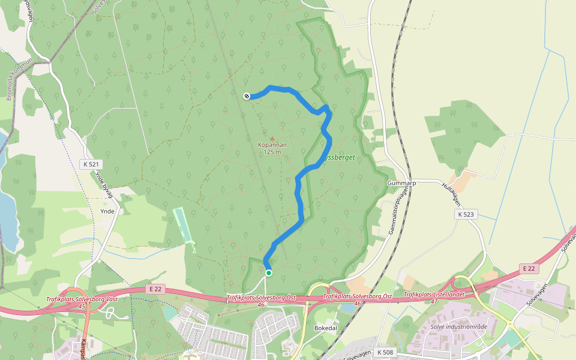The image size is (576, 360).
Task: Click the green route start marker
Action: pyautogui.click(x=269, y=273)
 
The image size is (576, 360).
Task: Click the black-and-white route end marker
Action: pyautogui.click(x=247, y=96)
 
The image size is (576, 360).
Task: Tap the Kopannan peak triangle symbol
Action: pyautogui.click(x=272, y=139)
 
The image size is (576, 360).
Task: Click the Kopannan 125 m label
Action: pyautogui.click(x=272, y=148)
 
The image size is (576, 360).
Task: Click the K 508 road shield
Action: pyautogui.click(x=386, y=352)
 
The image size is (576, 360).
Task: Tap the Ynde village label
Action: pyautogui.click(x=107, y=211)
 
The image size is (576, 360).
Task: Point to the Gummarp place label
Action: pyautogui.click(x=401, y=183)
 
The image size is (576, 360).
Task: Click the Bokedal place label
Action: pyautogui.click(x=326, y=328)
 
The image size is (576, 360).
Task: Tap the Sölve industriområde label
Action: pyautogui.click(x=459, y=326)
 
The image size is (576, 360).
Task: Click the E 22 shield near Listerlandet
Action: pyautogui.click(x=529, y=268)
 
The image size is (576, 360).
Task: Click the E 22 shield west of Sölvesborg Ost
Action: pyautogui.click(x=154, y=289)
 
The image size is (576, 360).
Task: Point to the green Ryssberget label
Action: pyautogui.click(x=340, y=157)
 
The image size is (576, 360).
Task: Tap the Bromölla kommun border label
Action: pyautogui.click(x=19, y=79)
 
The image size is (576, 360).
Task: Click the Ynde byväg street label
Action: pyautogui.click(x=104, y=184)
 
